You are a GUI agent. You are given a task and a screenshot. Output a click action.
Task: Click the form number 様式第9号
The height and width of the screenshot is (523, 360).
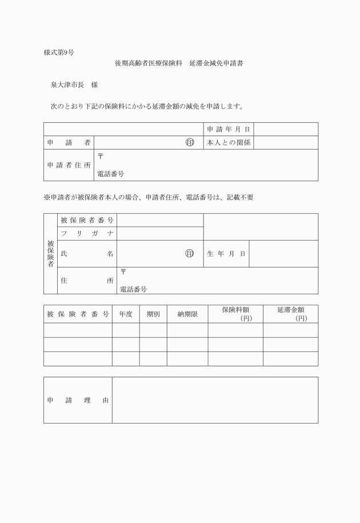coord(58,53)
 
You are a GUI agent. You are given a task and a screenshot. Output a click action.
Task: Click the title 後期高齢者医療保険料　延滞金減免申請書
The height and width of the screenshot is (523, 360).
coord(180,63)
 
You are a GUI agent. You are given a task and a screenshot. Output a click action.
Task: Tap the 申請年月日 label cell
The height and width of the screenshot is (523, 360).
coord(229,129)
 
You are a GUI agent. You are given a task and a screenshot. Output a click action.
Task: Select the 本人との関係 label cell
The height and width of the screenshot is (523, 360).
coord(229,142)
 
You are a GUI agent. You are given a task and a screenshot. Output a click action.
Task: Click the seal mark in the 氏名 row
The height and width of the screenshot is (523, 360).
coord(190,253)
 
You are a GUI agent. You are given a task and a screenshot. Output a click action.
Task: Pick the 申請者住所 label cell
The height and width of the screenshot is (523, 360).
coord(69,165)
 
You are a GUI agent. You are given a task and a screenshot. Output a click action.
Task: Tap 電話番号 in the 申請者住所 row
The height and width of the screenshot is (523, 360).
coord(111,174)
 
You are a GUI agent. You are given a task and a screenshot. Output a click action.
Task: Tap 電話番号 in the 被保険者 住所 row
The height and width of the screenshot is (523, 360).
coord(133,289)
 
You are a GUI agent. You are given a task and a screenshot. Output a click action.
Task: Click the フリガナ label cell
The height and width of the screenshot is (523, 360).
coord(87,233)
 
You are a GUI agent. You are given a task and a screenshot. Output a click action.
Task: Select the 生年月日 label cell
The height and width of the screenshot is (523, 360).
coord(226,253)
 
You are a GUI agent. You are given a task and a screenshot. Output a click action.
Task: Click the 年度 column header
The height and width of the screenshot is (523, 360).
coord(126,314)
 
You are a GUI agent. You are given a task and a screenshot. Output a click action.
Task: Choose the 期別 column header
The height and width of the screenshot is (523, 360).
coord(153,314)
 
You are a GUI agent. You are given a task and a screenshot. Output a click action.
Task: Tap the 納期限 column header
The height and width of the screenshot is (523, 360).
coord(187,314)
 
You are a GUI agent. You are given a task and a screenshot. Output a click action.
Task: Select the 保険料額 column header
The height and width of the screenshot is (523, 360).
coord(235,314)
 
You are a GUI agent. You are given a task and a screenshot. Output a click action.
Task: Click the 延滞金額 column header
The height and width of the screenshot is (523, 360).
coord(290,314)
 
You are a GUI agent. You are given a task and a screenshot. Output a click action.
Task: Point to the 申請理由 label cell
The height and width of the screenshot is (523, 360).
coord(78,400)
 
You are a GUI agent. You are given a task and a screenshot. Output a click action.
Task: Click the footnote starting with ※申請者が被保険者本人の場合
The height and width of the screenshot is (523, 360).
coord(148,197)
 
